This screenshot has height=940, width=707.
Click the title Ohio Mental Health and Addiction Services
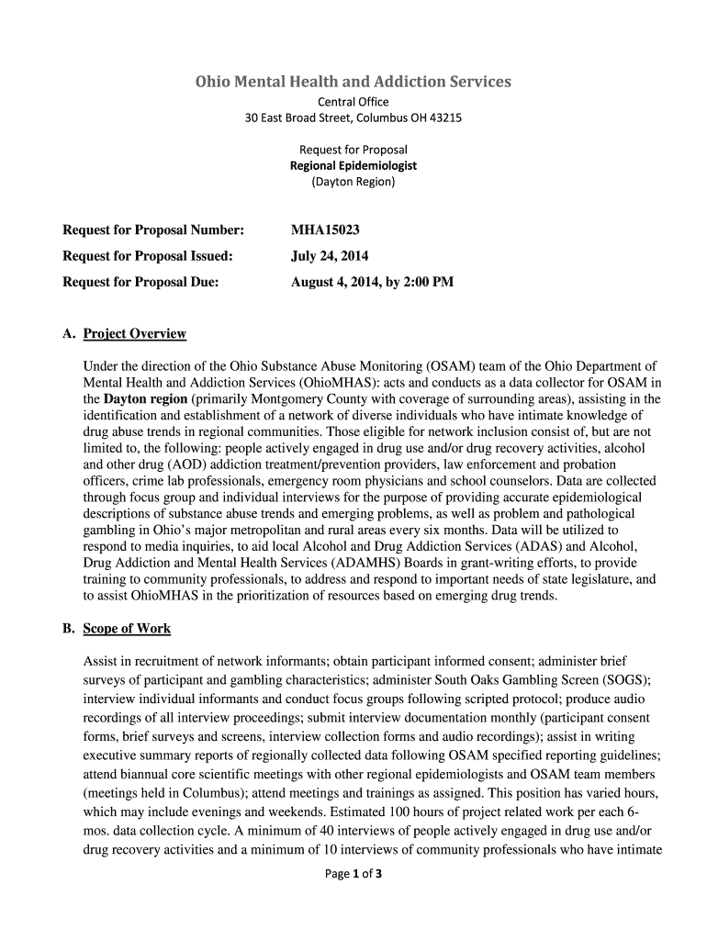coord(353,82)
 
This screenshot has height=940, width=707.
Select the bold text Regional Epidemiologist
coord(353,165)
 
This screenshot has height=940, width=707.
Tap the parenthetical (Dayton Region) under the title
coord(353,182)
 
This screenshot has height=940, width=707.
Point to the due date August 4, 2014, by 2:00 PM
coord(372,282)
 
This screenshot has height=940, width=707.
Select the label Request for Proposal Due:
coord(140,282)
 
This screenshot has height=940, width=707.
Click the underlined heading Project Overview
coord(134,333)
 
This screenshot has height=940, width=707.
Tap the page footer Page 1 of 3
coord(353,873)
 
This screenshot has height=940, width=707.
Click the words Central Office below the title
coord(353,101)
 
